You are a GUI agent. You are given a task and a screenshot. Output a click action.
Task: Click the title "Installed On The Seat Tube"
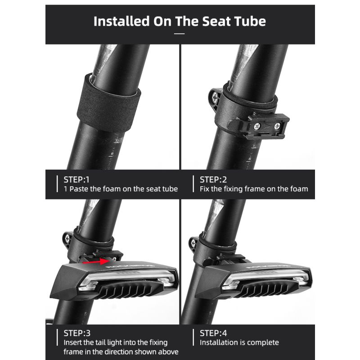coord(180,21)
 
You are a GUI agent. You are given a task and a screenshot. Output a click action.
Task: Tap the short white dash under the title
coord(180,33)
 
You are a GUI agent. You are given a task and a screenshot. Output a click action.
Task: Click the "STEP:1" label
coord(77,179)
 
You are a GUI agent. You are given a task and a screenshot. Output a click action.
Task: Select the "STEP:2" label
coord(214,179)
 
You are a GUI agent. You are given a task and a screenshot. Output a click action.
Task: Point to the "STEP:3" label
coord(77,333)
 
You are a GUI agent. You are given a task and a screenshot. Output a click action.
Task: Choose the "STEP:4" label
coord(214,333)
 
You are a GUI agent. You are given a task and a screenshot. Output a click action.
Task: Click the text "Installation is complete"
coord(239,343)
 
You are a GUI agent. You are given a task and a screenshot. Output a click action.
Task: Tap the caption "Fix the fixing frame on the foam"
coord(254,189)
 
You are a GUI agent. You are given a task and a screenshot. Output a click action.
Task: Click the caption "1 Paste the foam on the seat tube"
coord(121,189)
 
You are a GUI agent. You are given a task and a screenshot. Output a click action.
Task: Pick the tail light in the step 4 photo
coord(252,280)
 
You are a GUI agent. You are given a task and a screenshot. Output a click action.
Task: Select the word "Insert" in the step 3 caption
coord(74,343)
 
